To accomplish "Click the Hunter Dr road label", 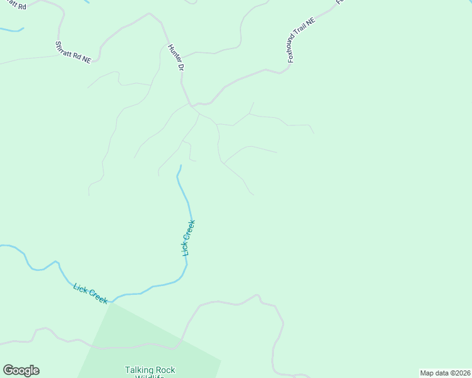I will pyautogui.click(x=176, y=57).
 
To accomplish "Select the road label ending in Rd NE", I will pyautogui.click(x=73, y=52).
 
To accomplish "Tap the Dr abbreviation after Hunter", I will pyautogui.click(x=180, y=66).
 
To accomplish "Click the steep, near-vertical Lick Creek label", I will pyautogui.click(x=189, y=237).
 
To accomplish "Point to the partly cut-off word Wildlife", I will pyautogui.click(x=150, y=376).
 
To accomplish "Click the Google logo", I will pyautogui.click(x=21, y=370).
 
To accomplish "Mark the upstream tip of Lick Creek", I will pyautogui.click(x=180, y=166).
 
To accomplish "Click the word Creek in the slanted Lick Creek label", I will pyautogui.click(x=98, y=297).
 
